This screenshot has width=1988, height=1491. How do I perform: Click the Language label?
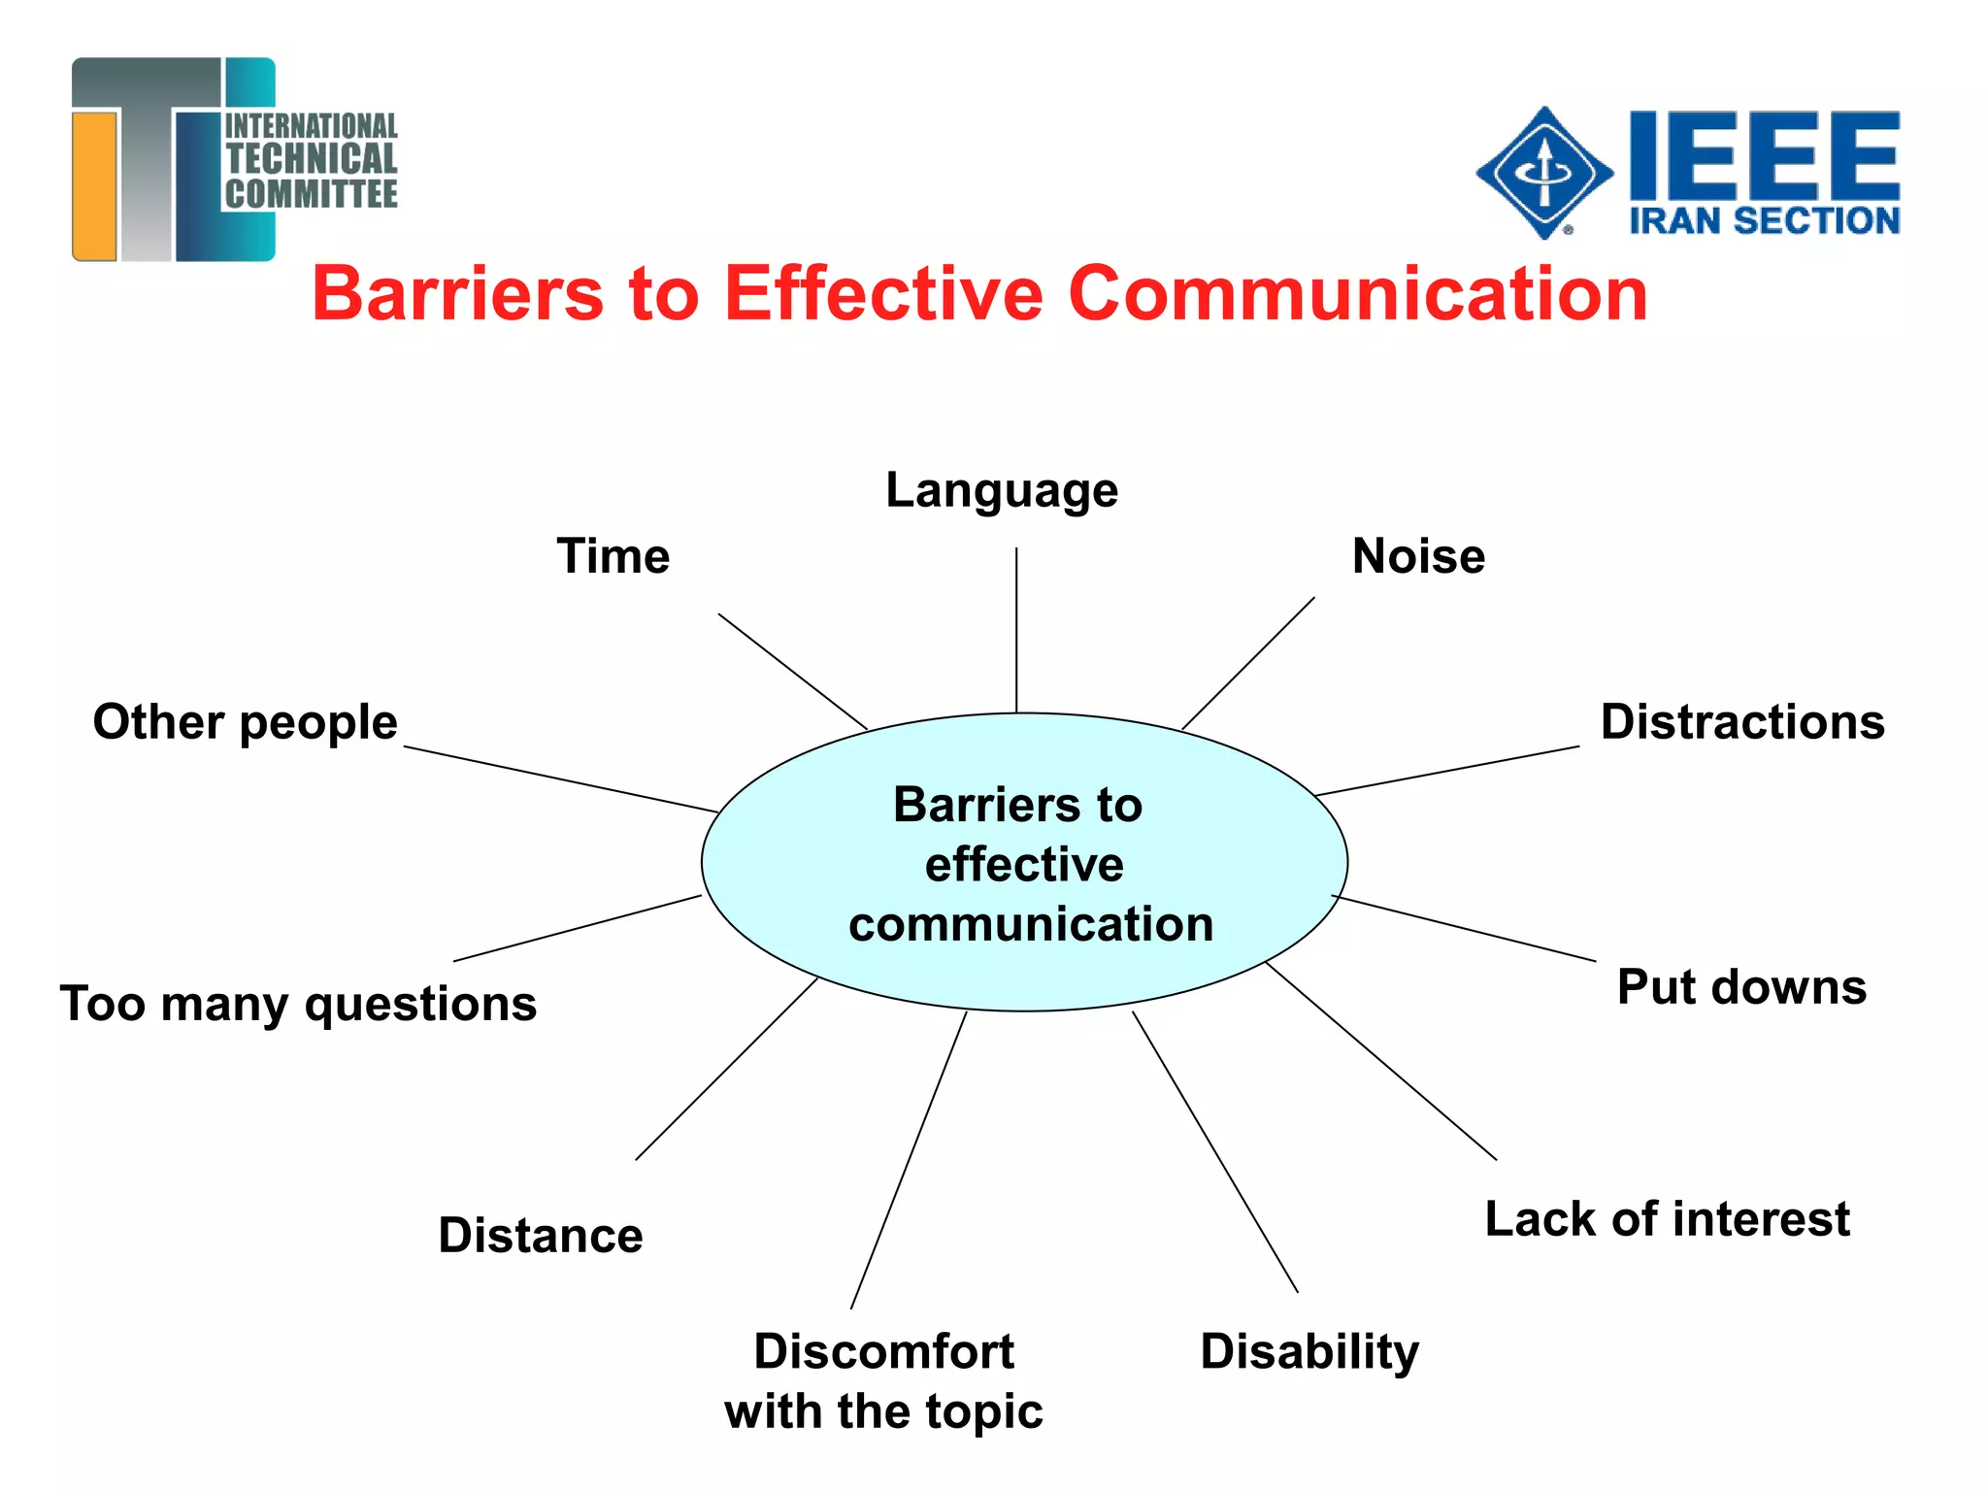(x=1002, y=490)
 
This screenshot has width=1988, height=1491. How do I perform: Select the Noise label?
(x=1418, y=556)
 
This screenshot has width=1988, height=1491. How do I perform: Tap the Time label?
(x=613, y=556)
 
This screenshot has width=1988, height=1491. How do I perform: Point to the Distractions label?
(x=1742, y=722)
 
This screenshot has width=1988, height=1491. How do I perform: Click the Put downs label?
(x=1741, y=987)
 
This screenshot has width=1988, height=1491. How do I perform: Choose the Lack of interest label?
(x=1667, y=1219)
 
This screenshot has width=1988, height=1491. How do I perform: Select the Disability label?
(x=1309, y=1352)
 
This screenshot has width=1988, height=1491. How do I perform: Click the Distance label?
(x=541, y=1236)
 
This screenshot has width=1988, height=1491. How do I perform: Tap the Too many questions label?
(x=298, y=1004)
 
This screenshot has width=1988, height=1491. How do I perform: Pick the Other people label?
(x=246, y=722)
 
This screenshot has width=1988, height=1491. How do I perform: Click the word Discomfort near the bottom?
(x=883, y=1351)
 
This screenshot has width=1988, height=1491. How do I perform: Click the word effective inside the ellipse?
(x=1024, y=864)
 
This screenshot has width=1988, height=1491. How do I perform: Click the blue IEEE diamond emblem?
(x=1544, y=173)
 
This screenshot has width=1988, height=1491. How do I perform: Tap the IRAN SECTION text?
(x=1764, y=221)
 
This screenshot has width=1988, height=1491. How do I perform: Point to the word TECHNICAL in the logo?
(x=312, y=159)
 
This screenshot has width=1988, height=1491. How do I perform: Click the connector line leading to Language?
(x=1016, y=631)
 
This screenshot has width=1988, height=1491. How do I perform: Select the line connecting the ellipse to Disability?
(x=1214, y=1151)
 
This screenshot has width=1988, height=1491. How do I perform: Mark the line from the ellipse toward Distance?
(x=726, y=1069)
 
